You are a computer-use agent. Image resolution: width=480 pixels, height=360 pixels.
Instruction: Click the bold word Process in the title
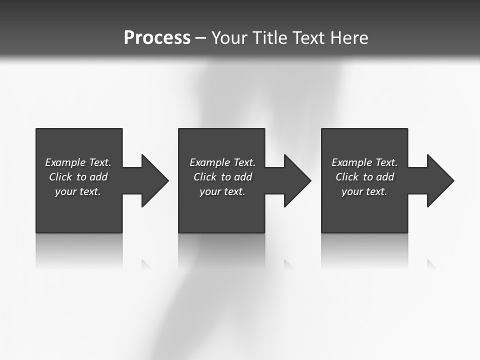coord(157,38)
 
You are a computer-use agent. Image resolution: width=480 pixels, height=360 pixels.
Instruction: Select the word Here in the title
coord(349,38)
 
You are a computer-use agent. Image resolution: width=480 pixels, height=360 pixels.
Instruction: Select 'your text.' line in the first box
coord(78,191)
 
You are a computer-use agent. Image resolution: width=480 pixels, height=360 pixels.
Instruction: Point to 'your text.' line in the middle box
coord(222,191)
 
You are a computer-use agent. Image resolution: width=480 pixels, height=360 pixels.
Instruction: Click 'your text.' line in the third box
coord(364,191)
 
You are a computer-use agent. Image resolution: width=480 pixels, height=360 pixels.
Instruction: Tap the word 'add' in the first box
coord(98,177)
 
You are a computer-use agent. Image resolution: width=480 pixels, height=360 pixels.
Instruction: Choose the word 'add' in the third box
coord(385,177)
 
